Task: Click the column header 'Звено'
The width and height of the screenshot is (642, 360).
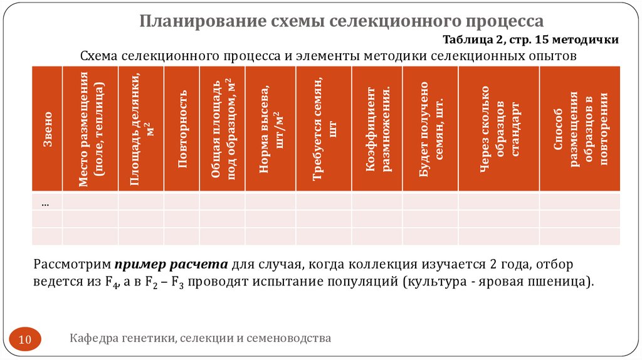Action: point(47,129)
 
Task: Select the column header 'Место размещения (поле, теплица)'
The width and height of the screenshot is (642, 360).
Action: point(90,129)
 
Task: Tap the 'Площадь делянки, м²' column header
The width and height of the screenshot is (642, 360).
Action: point(141,129)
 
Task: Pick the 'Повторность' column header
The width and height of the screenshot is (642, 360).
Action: point(182,129)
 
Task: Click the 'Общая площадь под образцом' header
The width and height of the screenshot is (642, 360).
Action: point(222,129)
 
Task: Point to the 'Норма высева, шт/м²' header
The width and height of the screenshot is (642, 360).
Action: point(270,129)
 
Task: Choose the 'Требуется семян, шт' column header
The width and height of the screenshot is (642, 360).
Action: point(324,129)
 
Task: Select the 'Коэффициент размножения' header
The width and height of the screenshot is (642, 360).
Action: point(377,129)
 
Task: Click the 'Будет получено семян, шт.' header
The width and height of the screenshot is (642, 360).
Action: point(430,129)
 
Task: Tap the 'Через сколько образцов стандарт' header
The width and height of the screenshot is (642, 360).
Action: point(498,129)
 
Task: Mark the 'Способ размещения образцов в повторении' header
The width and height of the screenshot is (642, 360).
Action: point(579,129)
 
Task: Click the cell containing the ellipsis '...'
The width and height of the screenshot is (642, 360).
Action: point(46,202)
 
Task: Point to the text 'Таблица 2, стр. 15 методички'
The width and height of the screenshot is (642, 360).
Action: point(531,40)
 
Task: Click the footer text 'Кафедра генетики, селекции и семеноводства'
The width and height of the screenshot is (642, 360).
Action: point(200,339)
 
